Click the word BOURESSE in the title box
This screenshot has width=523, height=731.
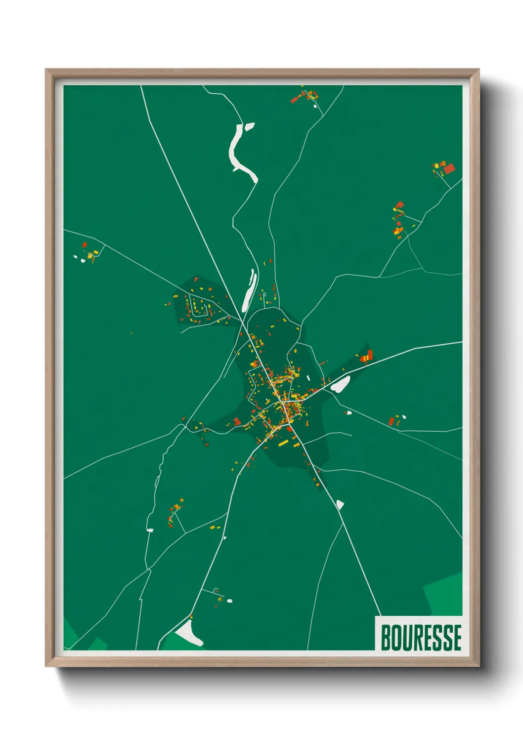tap(421, 638)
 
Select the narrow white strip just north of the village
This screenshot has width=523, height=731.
tap(250, 289)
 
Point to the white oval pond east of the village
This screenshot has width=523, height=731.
tap(341, 384)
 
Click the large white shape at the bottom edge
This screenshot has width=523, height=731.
tap(189, 633)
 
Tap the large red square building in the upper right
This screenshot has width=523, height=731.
tap(448, 169)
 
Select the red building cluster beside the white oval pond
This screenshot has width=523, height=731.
tap(366, 356)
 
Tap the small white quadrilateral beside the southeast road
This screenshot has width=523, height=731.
tap(340, 504)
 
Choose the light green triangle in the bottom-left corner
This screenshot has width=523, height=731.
tap(69, 635)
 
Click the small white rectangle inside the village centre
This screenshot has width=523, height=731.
tap(308, 378)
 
